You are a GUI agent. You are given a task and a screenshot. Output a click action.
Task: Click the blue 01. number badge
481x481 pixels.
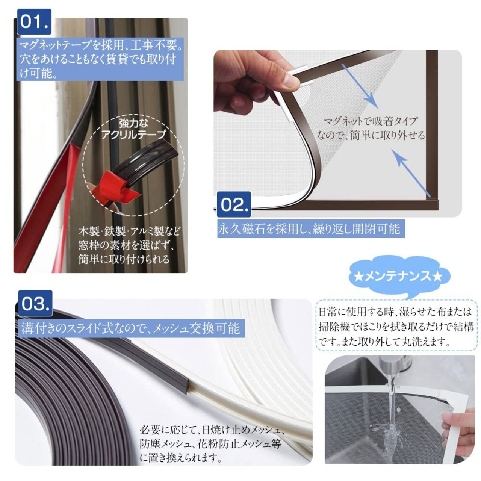tap(35, 22)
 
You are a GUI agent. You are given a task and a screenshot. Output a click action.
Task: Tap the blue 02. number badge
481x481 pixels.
tap(234, 204)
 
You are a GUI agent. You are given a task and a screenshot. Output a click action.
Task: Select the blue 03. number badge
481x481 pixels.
tap(35, 303)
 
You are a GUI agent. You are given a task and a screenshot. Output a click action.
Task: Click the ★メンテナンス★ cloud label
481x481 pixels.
tap(398, 277)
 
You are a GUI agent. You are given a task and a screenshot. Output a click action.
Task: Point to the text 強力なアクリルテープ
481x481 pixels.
tap(133, 129)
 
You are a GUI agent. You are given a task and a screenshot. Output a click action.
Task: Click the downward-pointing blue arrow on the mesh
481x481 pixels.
tap(360, 86)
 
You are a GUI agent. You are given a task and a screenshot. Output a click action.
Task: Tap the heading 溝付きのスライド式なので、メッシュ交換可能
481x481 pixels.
tap(130, 328)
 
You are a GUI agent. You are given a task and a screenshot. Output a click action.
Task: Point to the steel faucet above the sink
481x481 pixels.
tap(391, 367)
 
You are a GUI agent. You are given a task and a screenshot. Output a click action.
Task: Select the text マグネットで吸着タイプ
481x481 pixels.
tap(371, 121)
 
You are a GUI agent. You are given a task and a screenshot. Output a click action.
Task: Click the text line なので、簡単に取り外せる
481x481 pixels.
tap(371, 136)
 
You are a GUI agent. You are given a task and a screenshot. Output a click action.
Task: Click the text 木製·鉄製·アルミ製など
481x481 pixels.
tap(129, 231)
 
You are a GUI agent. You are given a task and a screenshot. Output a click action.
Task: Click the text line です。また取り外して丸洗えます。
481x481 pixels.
tap(385, 342)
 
